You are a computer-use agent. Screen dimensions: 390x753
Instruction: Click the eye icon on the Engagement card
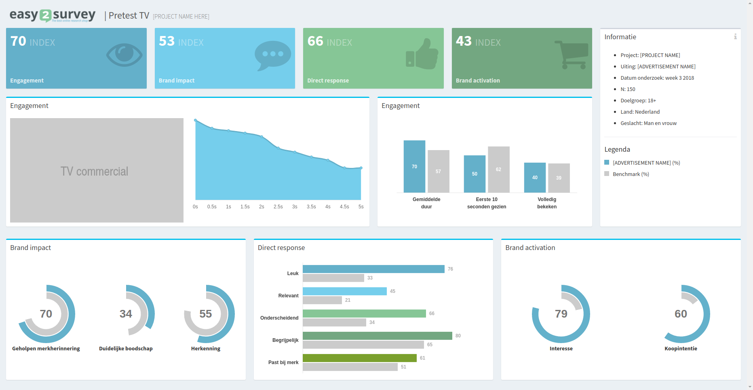(124, 55)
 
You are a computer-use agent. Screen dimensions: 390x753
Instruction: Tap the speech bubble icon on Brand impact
(273, 55)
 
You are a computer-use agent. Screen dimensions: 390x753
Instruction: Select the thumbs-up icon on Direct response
(422, 55)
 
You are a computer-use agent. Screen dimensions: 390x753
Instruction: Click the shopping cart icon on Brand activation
(571, 55)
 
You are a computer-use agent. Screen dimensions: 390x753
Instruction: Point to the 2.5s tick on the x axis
(278, 207)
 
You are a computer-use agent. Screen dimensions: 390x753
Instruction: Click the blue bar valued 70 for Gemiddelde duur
(414, 166)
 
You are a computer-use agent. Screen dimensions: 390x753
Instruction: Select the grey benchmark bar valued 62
(498, 169)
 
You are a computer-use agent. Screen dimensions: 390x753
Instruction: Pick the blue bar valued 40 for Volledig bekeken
(535, 177)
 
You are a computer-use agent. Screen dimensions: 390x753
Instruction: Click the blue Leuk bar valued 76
(373, 269)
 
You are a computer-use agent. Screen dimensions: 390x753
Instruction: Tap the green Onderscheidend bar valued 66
(364, 314)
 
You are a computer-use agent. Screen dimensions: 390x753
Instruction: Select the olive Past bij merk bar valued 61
(359, 358)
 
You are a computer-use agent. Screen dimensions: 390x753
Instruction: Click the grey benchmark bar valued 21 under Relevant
(322, 300)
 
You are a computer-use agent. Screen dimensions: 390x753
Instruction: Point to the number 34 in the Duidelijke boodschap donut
(126, 314)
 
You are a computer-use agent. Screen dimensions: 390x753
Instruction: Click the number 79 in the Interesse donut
(561, 314)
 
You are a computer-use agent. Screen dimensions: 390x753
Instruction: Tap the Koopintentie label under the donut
(681, 349)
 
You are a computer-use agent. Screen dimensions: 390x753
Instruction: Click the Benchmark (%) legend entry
(631, 174)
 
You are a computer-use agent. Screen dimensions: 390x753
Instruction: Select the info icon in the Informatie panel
(735, 37)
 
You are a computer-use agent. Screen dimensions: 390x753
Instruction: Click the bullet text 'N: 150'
(628, 89)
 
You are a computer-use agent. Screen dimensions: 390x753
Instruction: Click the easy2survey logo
(52, 15)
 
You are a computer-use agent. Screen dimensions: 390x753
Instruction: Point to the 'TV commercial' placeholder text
(94, 172)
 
